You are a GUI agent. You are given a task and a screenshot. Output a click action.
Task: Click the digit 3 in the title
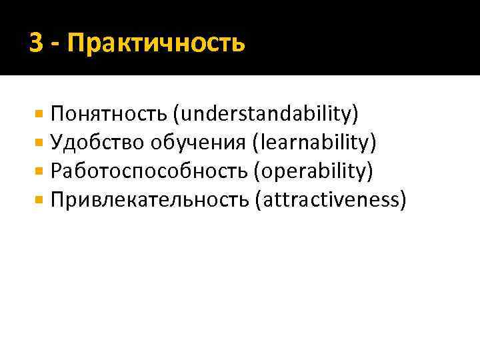tap(37, 44)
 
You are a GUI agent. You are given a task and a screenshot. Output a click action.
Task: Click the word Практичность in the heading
tap(156, 45)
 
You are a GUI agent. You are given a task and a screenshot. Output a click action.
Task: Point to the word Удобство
tap(97, 143)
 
